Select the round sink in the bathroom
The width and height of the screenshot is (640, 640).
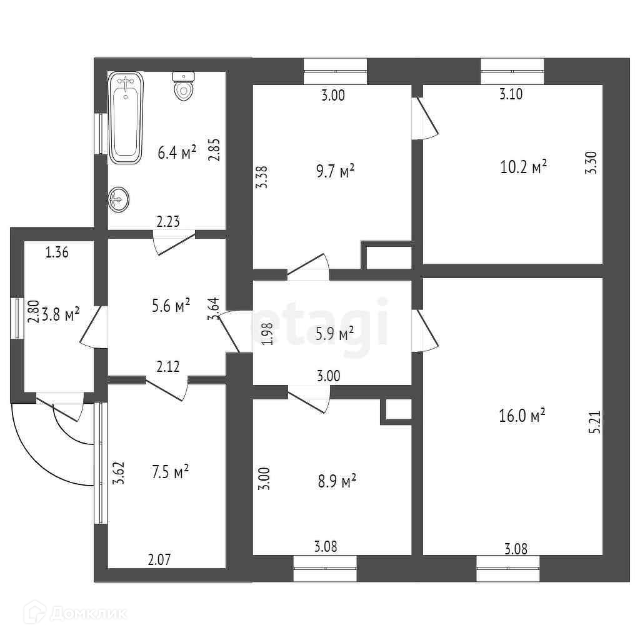coord(118,199)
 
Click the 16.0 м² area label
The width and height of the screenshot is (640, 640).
coord(522,416)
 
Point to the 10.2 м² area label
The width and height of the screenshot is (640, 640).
coord(524,167)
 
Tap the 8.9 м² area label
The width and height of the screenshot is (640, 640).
coord(336,481)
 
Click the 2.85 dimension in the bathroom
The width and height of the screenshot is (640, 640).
coord(214,149)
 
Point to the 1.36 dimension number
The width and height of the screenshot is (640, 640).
coord(57,253)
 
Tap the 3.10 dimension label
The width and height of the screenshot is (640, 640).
coord(511,95)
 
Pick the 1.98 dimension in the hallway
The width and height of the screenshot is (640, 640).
coord(267,334)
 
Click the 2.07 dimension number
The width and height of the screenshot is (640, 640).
coord(159,560)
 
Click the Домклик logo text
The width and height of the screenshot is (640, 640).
coord(87,614)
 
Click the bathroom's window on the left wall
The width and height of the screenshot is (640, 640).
coord(99,133)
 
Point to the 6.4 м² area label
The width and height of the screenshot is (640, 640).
coord(177,152)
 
